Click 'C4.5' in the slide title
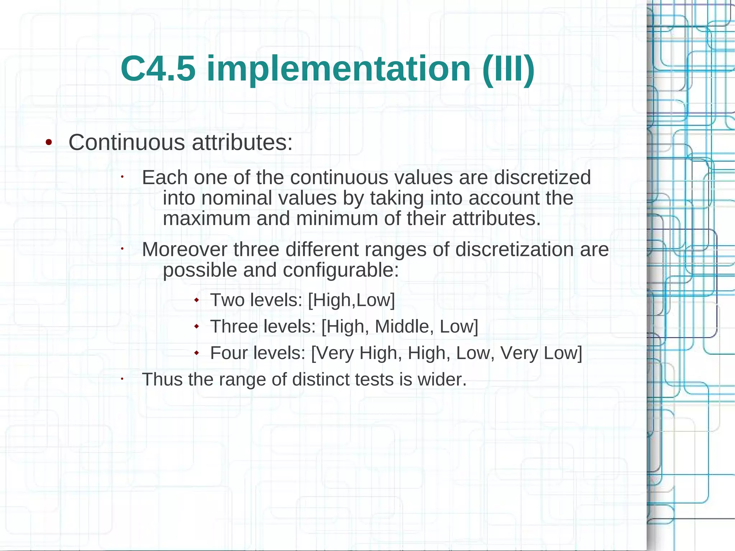[158, 69]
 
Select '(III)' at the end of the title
[509, 69]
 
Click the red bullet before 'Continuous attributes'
[49, 143]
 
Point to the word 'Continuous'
[127, 143]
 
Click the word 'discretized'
[542, 177]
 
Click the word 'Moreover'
[184, 249]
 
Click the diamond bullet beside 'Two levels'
[196, 299]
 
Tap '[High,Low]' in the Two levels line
[351, 300]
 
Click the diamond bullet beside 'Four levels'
[196, 353]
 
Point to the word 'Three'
[234, 327]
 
